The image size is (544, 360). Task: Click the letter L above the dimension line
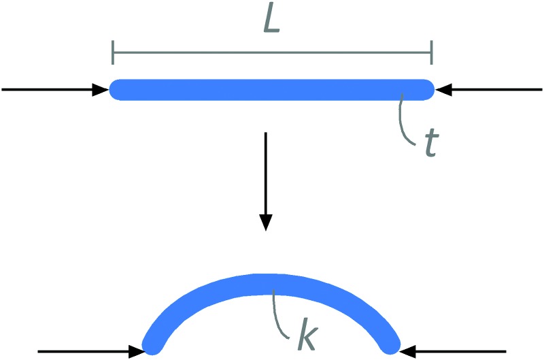271,22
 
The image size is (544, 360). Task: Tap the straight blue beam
272,89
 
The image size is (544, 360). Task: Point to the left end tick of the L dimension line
114,52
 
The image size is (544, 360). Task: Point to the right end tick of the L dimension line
431,52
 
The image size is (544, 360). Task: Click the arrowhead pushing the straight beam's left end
104,89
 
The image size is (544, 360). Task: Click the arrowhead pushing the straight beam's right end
441,89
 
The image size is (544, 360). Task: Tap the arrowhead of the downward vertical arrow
266,223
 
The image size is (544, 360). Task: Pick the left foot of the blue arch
151,345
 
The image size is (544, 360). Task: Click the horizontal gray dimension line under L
272,52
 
